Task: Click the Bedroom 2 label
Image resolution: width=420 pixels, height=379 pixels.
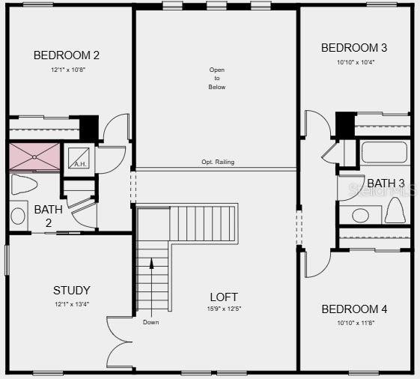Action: click(x=67, y=55)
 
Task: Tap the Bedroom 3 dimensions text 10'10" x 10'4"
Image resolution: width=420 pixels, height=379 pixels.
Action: click(x=356, y=62)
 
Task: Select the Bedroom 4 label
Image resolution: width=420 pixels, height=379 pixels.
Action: click(x=354, y=309)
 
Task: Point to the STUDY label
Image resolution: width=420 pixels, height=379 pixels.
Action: click(x=72, y=291)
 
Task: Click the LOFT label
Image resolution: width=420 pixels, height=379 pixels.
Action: click(x=224, y=297)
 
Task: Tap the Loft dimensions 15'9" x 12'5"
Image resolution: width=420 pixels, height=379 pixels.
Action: click(x=224, y=309)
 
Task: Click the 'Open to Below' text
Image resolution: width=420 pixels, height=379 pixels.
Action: click(x=217, y=78)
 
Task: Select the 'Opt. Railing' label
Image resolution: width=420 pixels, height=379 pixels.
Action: click(x=218, y=162)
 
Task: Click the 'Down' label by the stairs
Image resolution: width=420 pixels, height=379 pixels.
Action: click(x=150, y=322)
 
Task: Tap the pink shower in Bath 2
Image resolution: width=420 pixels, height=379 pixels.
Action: click(x=34, y=157)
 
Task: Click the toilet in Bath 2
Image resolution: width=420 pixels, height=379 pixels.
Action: click(x=23, y=184)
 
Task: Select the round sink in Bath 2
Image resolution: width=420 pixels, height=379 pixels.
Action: click(x=18, y=216)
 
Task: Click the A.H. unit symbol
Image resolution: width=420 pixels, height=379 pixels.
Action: click(x=79, y=158)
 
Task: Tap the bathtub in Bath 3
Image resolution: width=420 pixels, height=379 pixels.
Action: click(x=384, y=152)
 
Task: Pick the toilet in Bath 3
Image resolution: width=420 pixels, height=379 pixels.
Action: click(x=395, y=210)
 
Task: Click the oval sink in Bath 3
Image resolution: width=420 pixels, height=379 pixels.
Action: click(x=360, y=216)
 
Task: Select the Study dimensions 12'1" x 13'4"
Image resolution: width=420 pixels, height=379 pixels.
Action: click(x=72, y=305)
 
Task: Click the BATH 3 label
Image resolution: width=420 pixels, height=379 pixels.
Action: click(x=386, y=184)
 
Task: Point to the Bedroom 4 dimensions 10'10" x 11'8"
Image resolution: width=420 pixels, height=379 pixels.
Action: click(x=356, y=324)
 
